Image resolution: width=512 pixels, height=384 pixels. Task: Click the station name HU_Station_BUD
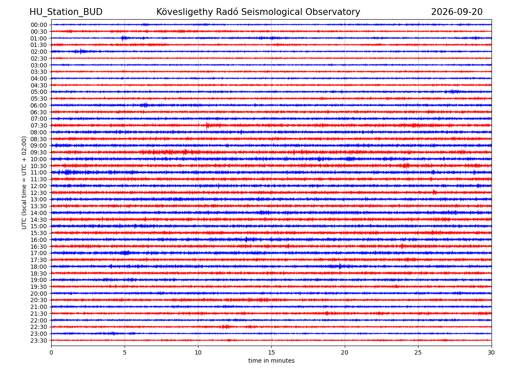tap(66, 12)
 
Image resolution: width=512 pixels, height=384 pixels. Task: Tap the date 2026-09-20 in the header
tap(457, 12)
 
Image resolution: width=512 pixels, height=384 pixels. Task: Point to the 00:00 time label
tap(39, 25)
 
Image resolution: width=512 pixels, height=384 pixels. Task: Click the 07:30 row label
tap(39, 125)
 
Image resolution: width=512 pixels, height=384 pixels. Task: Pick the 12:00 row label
tap(39, 186)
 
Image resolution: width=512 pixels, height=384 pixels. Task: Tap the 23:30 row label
tap(39, 340)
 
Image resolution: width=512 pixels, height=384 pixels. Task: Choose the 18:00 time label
tap(39, 266)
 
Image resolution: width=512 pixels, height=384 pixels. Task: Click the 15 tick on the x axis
tap(271, 352)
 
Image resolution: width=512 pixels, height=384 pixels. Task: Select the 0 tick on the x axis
tap(51, 352)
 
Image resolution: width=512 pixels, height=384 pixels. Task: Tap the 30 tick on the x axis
tap(491, 352)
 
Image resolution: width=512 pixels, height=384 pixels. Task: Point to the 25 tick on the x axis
tap(418, 352)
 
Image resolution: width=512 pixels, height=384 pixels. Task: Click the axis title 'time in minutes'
tap(271, 361)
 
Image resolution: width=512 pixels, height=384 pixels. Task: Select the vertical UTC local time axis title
tap(24, 183)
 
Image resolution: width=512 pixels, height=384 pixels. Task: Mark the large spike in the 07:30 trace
tap(207, 125)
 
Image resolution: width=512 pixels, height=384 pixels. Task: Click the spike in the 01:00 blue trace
tap(122, 38)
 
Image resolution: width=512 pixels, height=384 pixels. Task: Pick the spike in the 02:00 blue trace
tap(81, 51)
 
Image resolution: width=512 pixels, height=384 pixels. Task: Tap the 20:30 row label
tap(39, 300)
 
